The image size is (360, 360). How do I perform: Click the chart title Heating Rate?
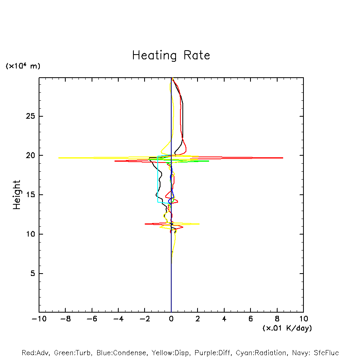(171, 55)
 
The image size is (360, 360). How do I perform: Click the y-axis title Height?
(17, 195)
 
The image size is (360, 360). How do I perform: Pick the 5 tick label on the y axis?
(33, 274)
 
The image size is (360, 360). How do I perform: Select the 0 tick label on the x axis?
(171, 319)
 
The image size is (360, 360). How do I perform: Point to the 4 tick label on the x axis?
(224, 319)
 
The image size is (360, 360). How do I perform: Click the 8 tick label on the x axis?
(277, 319)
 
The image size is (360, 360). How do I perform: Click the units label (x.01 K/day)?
(287, 328)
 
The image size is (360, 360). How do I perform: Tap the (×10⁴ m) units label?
(23, 66)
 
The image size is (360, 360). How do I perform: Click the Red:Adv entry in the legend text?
(35, 353)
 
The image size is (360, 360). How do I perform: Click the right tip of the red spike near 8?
(283, 158)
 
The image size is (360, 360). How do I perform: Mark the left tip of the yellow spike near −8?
(59, 158)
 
